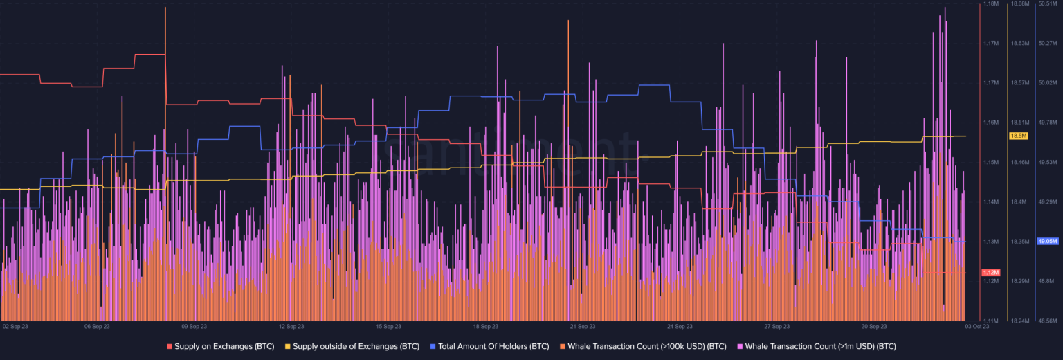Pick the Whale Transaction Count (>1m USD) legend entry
(x=820, y=345)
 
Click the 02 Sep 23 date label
(x=15, y=325)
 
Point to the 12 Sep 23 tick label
(x=291, y=325)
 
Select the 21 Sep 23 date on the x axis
(x=583, y=325)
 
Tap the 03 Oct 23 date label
(x=976, y=325)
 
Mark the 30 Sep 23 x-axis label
(x=874, y=325)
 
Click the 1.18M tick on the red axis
(x=991, y=3)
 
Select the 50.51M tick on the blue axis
(x=1048, y=3)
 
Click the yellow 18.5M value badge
(x=1019, y=136)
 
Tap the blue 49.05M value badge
(x=1048, y=242)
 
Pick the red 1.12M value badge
(x=991, y=272)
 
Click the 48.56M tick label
(x=1048, y=321)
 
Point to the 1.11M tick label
(x=991, y=321)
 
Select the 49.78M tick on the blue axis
(x=1048, y=123)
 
